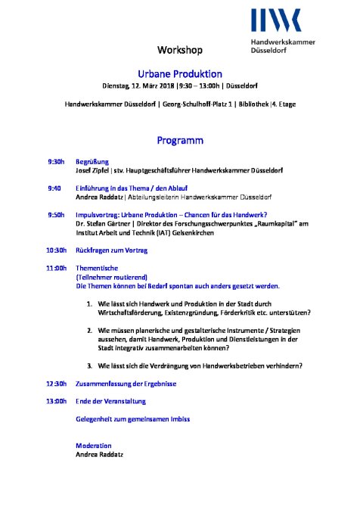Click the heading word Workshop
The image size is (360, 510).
(180, 51)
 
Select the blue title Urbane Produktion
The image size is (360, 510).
(180, 73)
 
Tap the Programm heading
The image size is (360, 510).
(180, 140)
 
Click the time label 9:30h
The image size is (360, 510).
(56, 162)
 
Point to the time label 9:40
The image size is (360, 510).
(54, 188)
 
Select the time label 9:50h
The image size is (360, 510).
(56, 214)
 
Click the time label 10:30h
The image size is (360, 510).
(57, 250)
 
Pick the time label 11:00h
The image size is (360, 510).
(57, 269)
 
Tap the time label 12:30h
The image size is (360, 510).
(57, 383)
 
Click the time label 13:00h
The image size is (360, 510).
(57, 401)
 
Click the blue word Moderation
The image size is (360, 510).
(95, 445)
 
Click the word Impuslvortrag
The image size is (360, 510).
(101, 214)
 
